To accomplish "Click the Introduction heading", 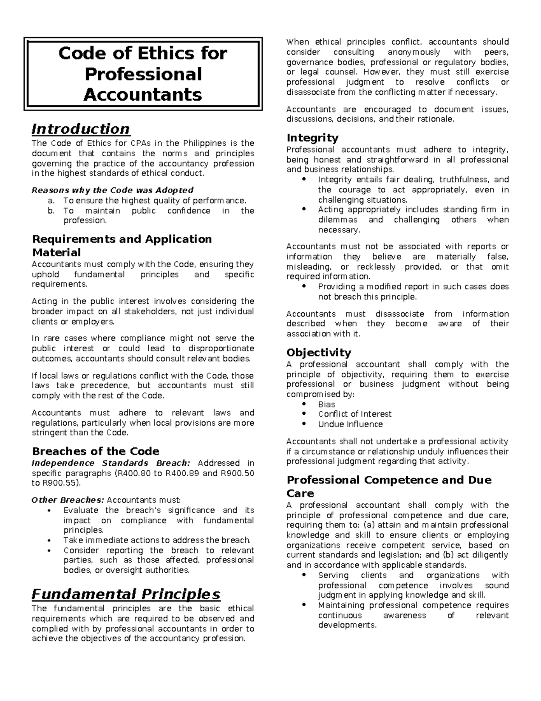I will click(x=81, y=129).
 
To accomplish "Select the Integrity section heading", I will click(x=312, y=138).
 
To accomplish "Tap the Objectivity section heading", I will click(x=318, y=353).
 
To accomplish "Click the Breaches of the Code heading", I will click(x=96, y=451).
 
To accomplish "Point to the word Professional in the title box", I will click(x=143, y=74).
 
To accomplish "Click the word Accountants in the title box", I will click(x=143, y=95).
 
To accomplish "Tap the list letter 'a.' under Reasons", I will click(x=50, y=200).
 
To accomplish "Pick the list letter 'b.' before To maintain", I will click(x=50, y=211).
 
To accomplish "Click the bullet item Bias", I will click(x=326, y=404).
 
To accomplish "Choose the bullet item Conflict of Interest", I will click(x=354, y=414).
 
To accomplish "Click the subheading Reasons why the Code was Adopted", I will click(x=112, y=190).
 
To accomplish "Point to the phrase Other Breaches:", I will click(x=68, y=500).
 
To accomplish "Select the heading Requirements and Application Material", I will click(x=122, y=246).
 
